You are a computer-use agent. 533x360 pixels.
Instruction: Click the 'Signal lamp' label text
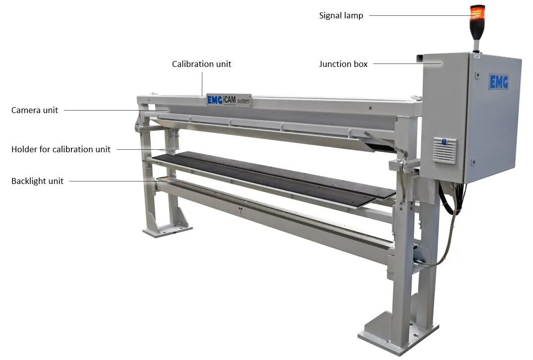tap(341, 16)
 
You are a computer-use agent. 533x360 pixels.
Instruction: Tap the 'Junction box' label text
tap(343, 64)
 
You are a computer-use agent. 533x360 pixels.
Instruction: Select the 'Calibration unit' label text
tap(202, 64)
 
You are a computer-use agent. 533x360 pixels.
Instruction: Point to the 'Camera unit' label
tap(35, 110)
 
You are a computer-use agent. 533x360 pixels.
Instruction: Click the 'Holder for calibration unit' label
tap(61, 149)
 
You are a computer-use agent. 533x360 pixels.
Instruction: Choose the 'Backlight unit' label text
tap(37, 181)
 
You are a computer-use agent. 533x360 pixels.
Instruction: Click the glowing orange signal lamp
tap(477, 13)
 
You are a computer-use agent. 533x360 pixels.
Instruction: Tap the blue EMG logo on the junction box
tap(499, 82)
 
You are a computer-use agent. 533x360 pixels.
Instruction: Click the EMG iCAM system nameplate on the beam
tap(229, 100)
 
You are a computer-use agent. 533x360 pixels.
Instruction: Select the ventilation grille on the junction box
tap(445, 150)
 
